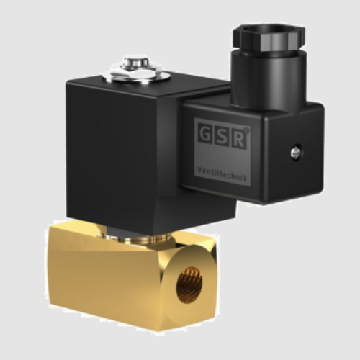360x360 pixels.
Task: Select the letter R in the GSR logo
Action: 238,137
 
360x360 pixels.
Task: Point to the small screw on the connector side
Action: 295,152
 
